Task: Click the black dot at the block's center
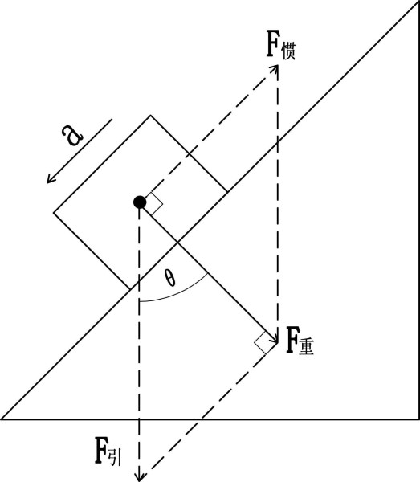point(140,202)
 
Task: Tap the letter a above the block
point(72,135)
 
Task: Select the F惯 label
point(280,44)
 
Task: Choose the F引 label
point(108,451)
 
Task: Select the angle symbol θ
point(169,278)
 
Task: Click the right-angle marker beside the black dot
point(154,203)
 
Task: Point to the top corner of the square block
point(150,115)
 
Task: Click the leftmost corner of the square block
point(54,212)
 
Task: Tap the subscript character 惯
point(288,51)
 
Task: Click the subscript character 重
point(306,347)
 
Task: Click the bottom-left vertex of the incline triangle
point(1,419)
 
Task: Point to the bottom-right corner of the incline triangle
point(418,419)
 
